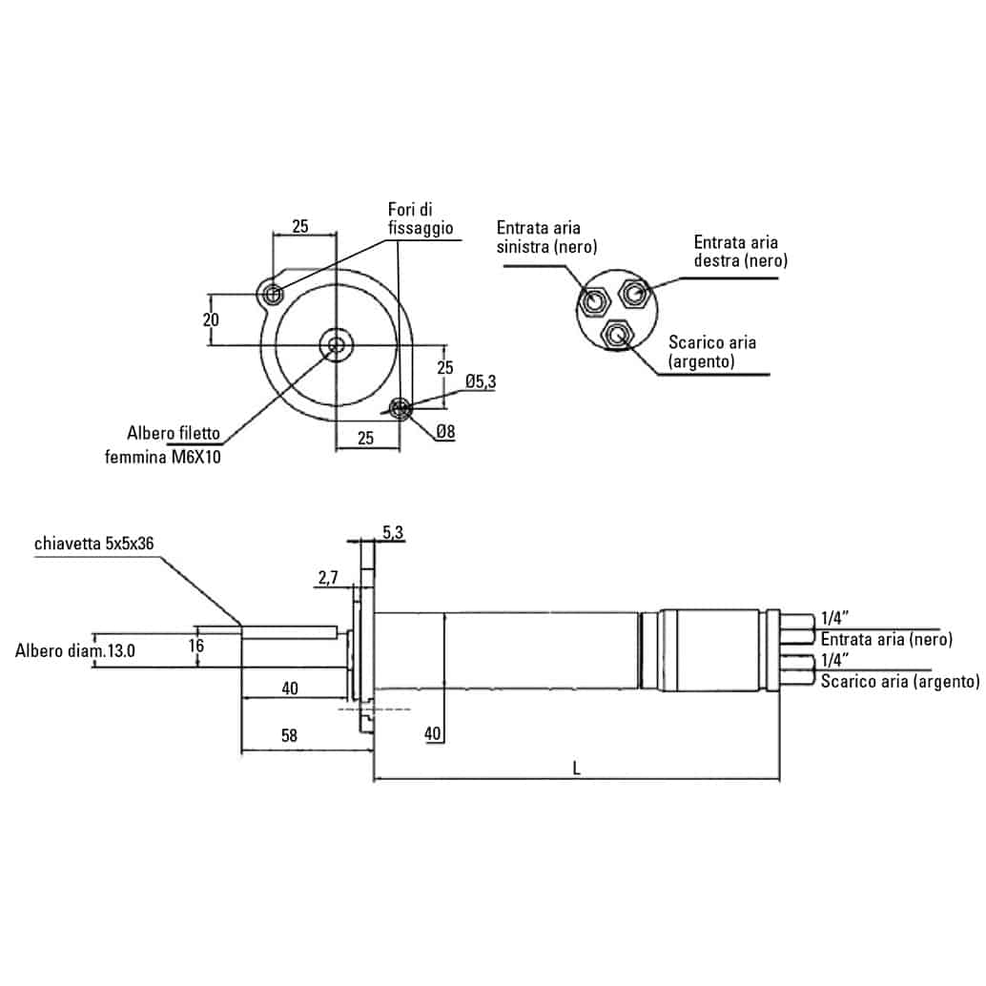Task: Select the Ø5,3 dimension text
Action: [x=481, y=381]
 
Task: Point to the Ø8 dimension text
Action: [x=445, y=432]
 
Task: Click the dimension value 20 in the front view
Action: [x=212, y=319]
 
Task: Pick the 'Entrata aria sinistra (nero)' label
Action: [x=546, y=237]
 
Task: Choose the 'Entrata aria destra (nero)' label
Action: [x=740, y=251]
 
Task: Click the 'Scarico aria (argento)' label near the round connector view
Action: [x=712, y=351]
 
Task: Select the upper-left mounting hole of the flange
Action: [x=274, y=294]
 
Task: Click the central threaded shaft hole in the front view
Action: [x=335, y=344]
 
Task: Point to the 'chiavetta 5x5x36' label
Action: [x=93, y=544]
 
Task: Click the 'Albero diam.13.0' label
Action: [x=75, y=651]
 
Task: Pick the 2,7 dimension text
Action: [x=327, y=577]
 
